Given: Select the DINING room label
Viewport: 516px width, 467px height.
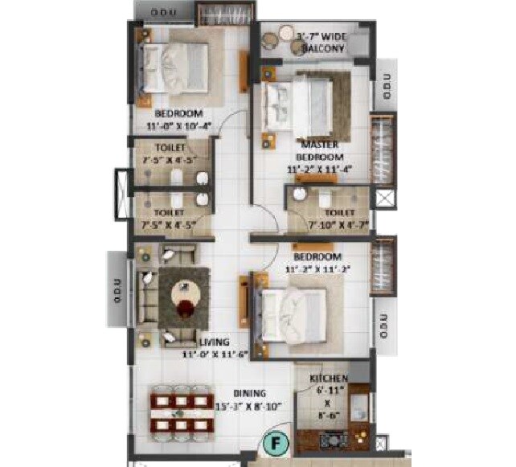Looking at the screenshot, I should click(249, 393).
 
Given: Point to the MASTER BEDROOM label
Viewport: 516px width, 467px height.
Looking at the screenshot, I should click(319, 150).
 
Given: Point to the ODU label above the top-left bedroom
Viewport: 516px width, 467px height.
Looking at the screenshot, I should click(163, 12).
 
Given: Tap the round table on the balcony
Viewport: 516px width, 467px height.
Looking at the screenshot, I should click(288, 33).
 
